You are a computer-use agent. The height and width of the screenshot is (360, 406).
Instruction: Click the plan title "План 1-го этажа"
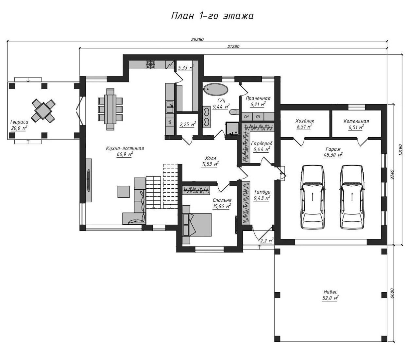tap(212, 16)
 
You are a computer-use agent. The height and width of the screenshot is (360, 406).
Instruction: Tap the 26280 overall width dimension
tap(197, 39)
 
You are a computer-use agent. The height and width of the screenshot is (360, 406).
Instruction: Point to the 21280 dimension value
tap(233, 46)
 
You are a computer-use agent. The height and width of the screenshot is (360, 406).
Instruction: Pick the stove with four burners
tap(150, 64)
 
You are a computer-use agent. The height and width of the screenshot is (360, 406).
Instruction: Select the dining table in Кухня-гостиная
tap(110, 110)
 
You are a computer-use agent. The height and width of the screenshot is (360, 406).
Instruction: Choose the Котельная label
tap(356, 121)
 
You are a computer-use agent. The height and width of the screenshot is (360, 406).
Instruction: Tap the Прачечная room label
tap(258, 98)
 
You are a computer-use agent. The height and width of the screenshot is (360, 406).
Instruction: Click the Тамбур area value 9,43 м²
tap(262, 198)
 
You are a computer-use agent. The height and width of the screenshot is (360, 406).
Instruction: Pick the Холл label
tap(210, 158)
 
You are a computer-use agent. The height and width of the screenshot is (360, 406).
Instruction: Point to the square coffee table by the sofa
tap(124, 192)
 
